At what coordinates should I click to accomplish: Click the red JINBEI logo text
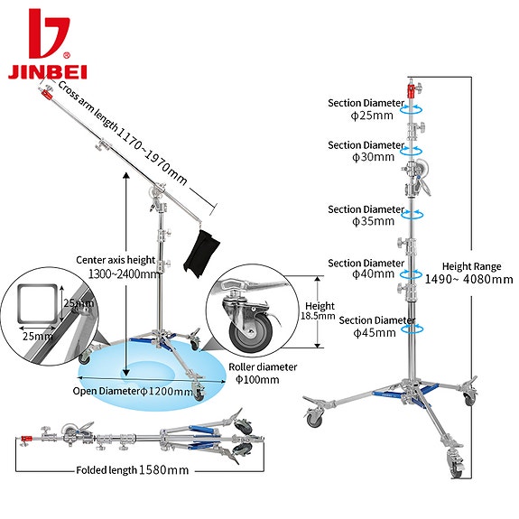(47, 72)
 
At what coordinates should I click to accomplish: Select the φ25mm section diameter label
(372, 116)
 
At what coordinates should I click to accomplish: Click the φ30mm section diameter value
(373, 157)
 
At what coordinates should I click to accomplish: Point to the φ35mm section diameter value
(373, 221)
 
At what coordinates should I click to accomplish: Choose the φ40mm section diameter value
(373, 274)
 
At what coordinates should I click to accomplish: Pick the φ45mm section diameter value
(375, 333)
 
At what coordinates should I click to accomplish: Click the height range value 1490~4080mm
(468, 280)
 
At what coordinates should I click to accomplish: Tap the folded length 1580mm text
(133, 470)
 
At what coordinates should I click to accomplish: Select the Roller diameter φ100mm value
(257, 379)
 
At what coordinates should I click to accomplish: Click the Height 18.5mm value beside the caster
(318, 316)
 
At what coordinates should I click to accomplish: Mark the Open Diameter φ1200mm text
(133, 392)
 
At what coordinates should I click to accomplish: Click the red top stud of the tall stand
(411, 91)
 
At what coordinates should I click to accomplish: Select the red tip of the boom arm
(46, 95)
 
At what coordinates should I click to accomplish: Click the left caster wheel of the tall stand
(314, 419)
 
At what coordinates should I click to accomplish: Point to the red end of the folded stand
(26, 439)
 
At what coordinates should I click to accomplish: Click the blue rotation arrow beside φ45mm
(412, 329)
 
